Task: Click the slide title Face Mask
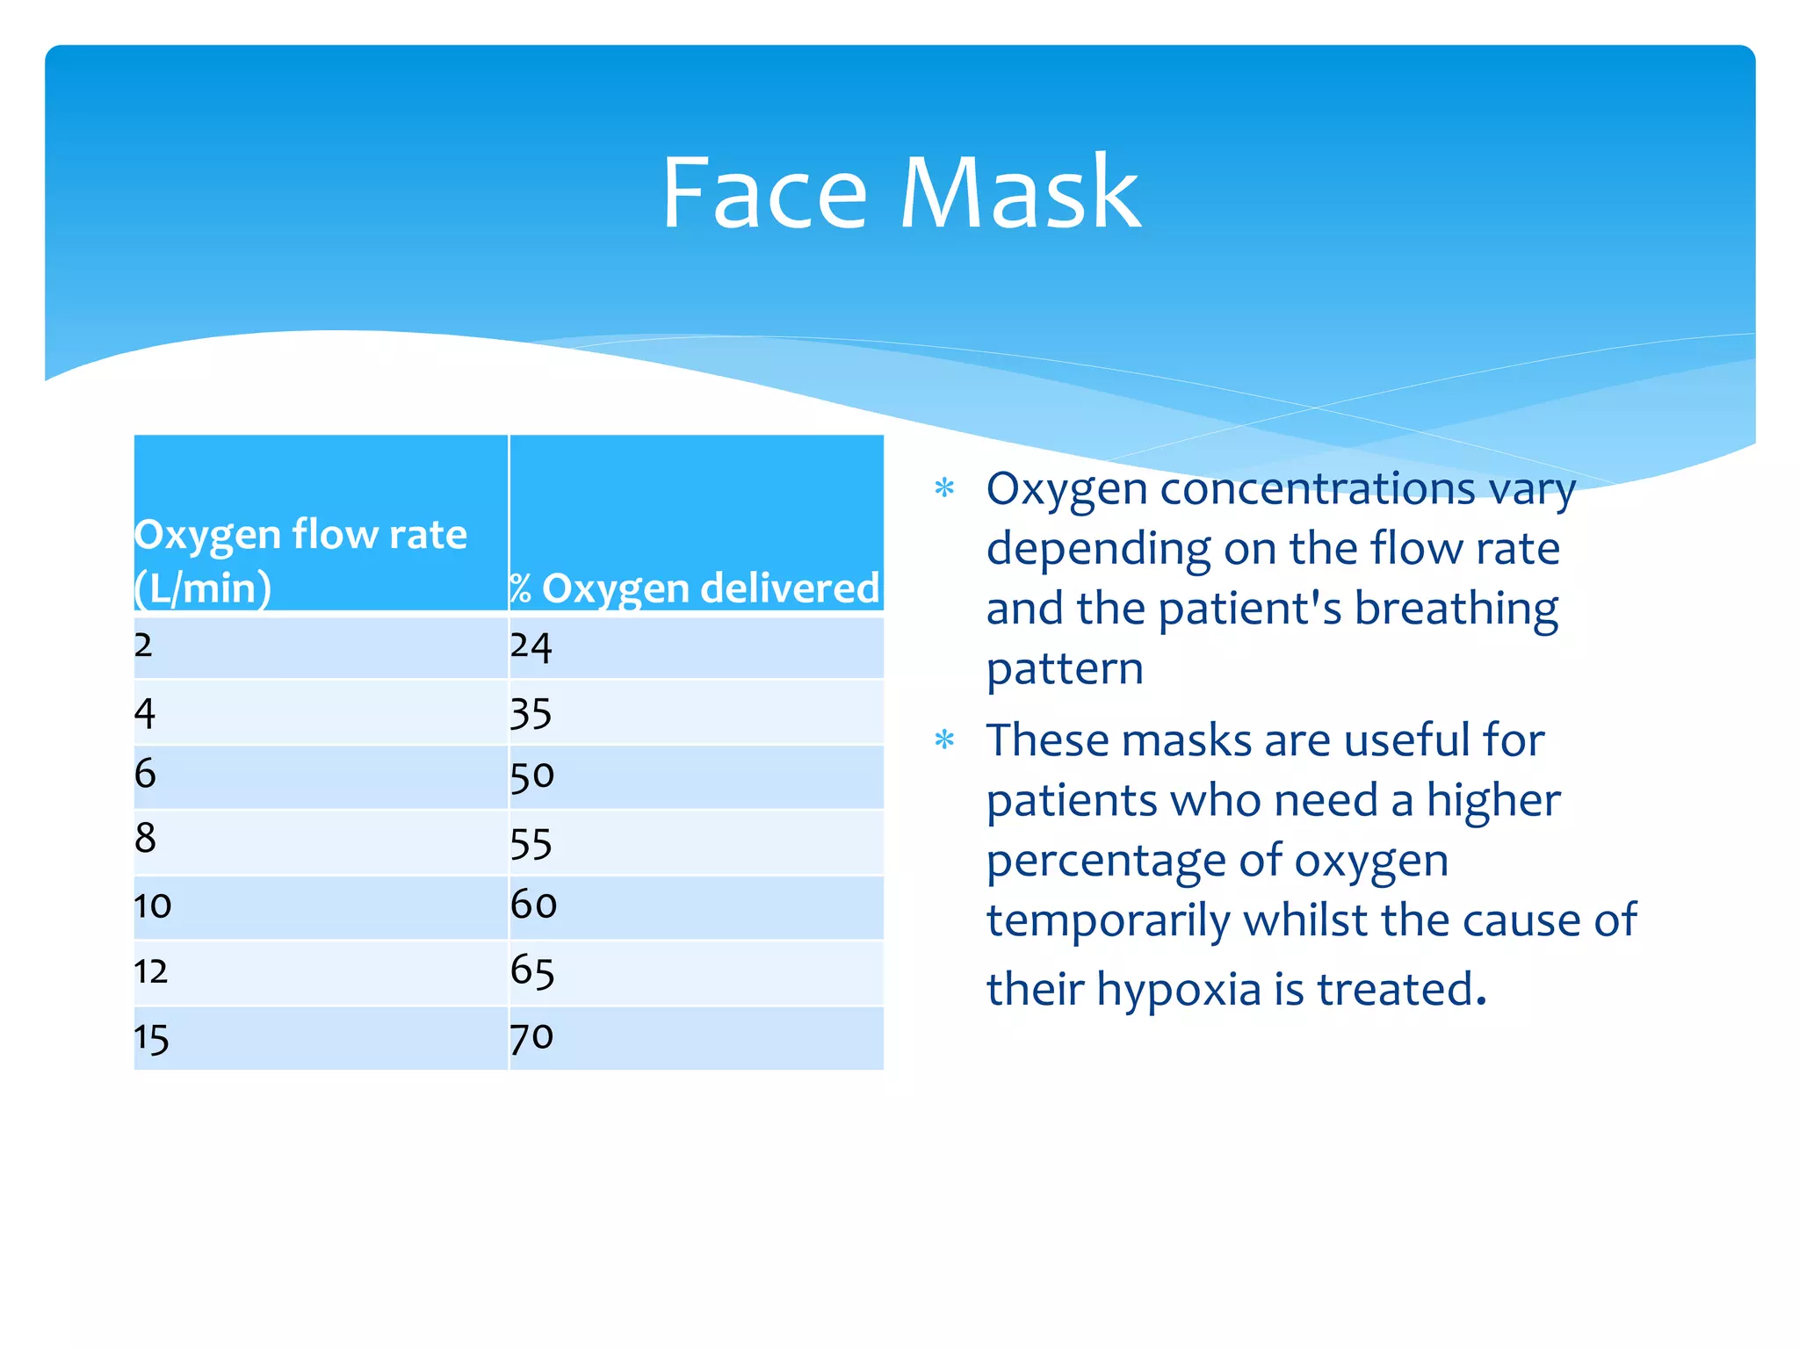point(900,193)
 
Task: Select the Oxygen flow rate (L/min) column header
point(300,560)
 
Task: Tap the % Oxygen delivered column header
point(694,588)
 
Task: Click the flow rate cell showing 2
point(143,646)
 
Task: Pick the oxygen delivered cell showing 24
point(531,647)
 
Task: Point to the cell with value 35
point(531,713)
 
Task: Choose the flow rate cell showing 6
point(145,774)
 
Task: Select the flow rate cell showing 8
point(145,838)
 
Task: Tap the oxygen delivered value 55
point(531,844)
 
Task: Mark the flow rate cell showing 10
point(152,905)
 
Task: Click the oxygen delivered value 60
point(533,905)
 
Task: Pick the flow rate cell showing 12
point(150,971)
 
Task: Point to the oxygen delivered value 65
point(531,971)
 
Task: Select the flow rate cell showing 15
point(151,1039)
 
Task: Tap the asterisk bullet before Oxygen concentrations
point(944,487)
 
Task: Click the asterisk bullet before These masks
point(944,739)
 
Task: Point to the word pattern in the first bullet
point(1065,669)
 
